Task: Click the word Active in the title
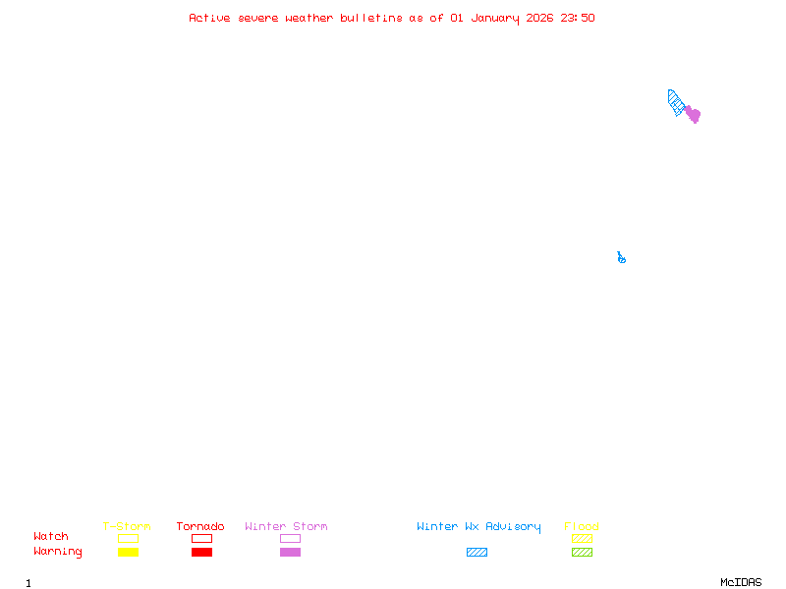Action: (x=209, y=18)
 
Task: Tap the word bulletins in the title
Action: (x=371, y=18)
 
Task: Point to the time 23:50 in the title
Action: (x=578, y=18)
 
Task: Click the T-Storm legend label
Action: (x=127, y=526)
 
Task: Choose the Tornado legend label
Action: (x=200, y=526)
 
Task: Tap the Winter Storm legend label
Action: (x=286, y=526)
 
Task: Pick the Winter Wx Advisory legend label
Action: (x=478, y=526)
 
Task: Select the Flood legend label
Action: (x=582, y=526)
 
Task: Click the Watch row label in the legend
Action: (x=51, y=537)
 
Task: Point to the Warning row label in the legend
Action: (x=58, y=552)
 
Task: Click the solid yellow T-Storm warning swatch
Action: (x=128, y=552)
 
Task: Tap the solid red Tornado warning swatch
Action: (x=201, y=552)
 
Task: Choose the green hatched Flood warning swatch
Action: (x=582, y=552)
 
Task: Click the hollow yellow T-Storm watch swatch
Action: (x=128, y=538)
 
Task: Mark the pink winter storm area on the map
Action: (x=693, y=115)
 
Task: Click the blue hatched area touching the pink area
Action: (x=676, y=102)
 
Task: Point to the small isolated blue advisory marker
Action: (x=621, y=258)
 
